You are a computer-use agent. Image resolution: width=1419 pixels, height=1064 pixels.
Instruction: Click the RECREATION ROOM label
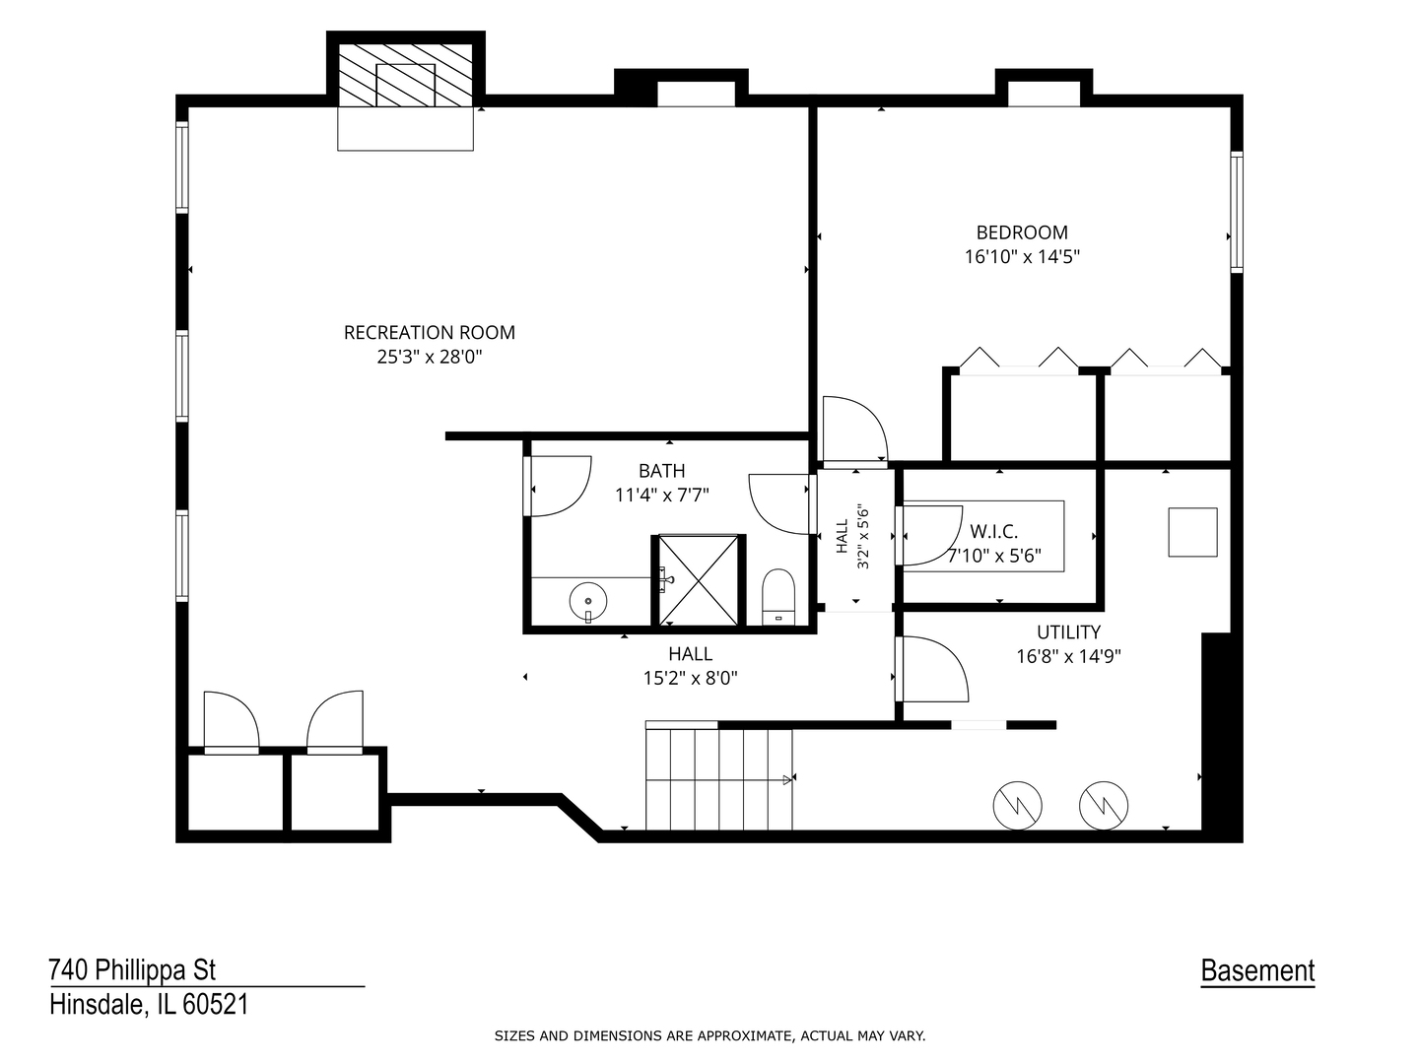(x=430, y=333)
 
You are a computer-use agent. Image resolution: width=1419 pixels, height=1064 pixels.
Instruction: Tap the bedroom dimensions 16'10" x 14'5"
(x=1022, y=257)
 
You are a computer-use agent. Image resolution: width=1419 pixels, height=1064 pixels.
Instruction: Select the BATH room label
(x=662, y=471)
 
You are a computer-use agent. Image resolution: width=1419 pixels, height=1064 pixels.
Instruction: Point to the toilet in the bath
(x=778, y=597)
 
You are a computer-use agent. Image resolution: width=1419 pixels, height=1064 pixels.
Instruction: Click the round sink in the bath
(x=587, y=601)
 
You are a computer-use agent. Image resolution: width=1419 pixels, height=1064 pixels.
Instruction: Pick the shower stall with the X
(x=699, y=580)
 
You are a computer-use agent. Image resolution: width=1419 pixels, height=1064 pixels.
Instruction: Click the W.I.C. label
(x=993, y=532)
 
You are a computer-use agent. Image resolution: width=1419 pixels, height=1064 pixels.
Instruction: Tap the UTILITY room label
(x=1068, y=632)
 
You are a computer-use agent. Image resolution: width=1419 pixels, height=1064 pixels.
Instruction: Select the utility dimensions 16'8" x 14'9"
(x=1068, y=656)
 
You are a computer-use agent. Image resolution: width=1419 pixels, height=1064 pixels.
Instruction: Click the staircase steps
(x=719, y=779)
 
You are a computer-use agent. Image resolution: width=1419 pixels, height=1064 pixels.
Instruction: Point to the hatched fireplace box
(x=406, y=76)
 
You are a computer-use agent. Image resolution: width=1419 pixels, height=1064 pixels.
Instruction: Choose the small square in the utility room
(x=1192, y=532)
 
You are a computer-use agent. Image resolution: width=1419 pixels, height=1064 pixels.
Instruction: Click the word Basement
(x=1257, y=971)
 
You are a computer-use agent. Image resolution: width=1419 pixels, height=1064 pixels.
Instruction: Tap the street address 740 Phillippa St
(x=132, y=970)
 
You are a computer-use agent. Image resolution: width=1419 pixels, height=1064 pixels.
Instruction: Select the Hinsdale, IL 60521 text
(x=150, y=1005)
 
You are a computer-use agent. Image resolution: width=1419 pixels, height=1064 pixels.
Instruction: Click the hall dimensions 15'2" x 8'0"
(x=691, y=679)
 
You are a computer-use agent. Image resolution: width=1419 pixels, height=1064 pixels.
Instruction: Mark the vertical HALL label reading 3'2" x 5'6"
(x=852, y=536)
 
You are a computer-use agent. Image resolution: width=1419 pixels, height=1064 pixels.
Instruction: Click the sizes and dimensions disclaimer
(x=709, y=1036)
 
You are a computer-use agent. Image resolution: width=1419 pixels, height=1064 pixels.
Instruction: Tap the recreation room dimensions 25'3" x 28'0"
(x=430, y=357)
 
